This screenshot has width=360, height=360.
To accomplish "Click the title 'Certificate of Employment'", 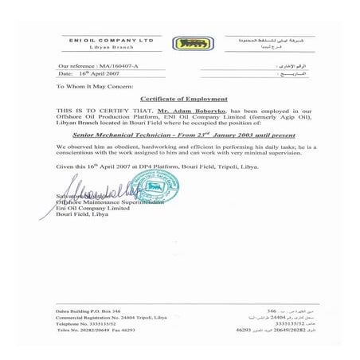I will (179, 97).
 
